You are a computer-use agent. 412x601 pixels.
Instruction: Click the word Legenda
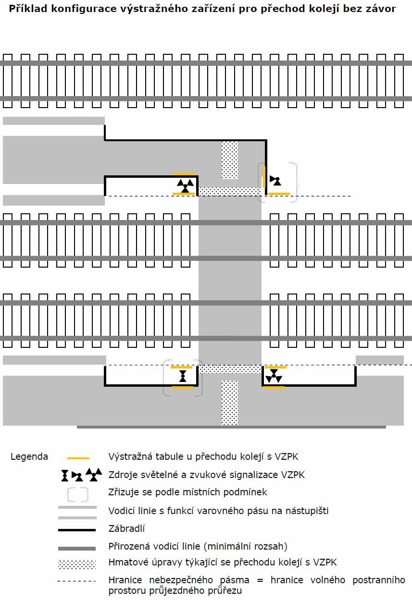click(29, 457)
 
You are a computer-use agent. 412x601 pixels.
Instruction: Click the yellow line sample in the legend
click(78, 458)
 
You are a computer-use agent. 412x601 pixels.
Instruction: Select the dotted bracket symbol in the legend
click(78, 494)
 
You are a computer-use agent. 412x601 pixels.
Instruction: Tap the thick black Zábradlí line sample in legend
click(77, 530)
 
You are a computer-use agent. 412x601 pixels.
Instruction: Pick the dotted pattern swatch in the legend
click(77, 564)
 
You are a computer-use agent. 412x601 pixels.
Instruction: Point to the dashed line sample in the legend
click(76, 581)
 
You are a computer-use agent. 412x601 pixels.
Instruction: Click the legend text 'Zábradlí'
click(126, 528)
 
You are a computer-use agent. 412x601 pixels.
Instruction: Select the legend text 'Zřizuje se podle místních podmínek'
click(187, 492)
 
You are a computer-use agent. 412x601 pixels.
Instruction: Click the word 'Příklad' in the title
click(28, 9)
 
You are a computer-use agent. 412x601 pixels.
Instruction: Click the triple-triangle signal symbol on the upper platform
click(185, 185)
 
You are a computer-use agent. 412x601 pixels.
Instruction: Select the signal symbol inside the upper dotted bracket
click(275, 181)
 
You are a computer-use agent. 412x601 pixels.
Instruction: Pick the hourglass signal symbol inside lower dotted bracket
click(183, 376)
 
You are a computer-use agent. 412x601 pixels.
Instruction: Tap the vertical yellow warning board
click(264, 177)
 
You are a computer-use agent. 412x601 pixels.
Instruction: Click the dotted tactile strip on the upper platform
click(230, 160)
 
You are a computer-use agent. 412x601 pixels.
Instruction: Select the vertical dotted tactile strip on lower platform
click(230, 403)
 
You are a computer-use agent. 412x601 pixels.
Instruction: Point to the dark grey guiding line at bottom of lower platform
click(231, 427)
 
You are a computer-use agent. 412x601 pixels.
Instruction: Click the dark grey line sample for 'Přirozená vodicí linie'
click(77, 549)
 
